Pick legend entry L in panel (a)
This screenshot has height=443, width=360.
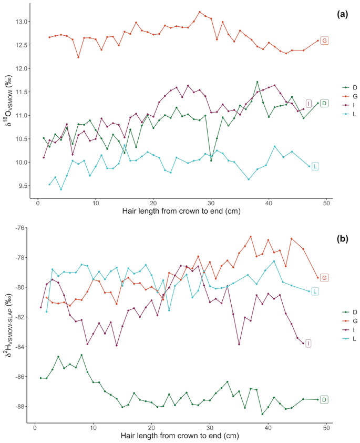pos(351,114)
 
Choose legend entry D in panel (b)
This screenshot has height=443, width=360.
pos(351,311)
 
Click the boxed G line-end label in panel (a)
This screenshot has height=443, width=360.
pos(324,41)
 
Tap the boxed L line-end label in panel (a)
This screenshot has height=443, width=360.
pos(315,166)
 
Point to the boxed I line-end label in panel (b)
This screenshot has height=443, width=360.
pos(308,344)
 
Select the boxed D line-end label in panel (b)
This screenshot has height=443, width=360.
pos(324,400)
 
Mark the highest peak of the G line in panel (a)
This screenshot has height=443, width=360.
pos(199,12)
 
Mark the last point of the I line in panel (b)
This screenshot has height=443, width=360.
pos(303,344)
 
